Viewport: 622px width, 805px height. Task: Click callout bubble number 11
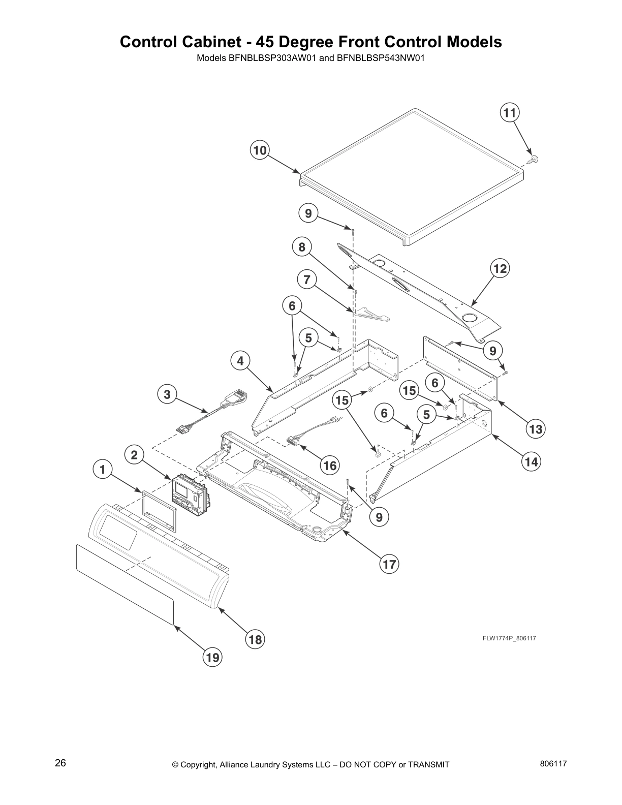510,112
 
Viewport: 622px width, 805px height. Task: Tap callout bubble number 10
260,150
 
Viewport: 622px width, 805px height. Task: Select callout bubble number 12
500,268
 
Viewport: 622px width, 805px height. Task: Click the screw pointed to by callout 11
533,159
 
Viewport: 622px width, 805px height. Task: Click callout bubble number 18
255,639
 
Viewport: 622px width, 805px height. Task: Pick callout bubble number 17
389,564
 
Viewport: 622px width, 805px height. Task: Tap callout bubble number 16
330,465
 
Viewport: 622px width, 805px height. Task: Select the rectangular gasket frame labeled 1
159,511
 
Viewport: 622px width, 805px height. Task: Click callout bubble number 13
535,429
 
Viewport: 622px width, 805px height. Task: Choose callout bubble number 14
531,461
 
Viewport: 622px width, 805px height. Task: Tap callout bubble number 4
240,361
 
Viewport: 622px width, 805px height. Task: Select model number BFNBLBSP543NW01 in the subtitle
381,58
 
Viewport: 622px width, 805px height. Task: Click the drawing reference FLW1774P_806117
509,638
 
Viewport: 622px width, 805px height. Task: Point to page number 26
60,763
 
